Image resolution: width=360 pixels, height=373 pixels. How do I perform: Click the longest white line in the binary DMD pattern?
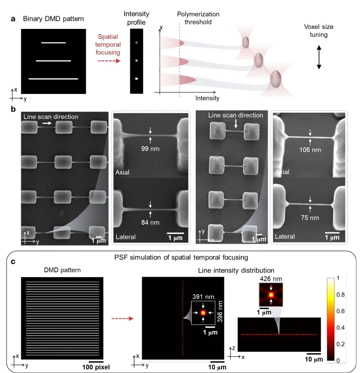(53, 79)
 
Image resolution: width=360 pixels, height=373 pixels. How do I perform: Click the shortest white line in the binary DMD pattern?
(53, 43)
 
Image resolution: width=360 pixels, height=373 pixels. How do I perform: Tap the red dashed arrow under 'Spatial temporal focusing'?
(109, 61)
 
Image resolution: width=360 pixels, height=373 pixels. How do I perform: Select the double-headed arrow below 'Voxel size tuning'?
(319, 57)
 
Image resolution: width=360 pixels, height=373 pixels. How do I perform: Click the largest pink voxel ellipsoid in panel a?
(276, 79)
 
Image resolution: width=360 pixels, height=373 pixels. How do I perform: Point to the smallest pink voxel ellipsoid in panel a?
(245, 42)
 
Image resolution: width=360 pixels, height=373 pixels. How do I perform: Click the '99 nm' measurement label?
(150, 149)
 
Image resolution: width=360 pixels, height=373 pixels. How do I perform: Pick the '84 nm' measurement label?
(150, 222)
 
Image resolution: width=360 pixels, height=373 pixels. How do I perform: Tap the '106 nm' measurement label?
(310, 150)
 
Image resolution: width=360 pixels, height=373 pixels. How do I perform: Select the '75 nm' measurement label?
(310, 218)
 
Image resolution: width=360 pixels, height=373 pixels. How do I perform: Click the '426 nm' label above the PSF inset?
(271, 279)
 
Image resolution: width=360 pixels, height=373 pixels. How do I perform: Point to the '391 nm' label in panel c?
(203, 297)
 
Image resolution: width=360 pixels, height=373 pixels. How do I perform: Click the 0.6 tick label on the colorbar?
(341, 311)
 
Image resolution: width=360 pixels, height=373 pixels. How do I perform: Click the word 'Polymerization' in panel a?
(198, 14)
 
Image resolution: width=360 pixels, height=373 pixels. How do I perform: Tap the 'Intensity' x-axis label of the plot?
(207, 98)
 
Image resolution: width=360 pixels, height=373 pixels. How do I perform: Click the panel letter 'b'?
(13, 109)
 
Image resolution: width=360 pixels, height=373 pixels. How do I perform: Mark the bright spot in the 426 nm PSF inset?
(271, 295)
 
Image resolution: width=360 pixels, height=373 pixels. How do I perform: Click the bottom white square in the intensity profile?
(136, 79)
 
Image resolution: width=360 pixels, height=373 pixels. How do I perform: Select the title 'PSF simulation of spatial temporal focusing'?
(181, 257)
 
